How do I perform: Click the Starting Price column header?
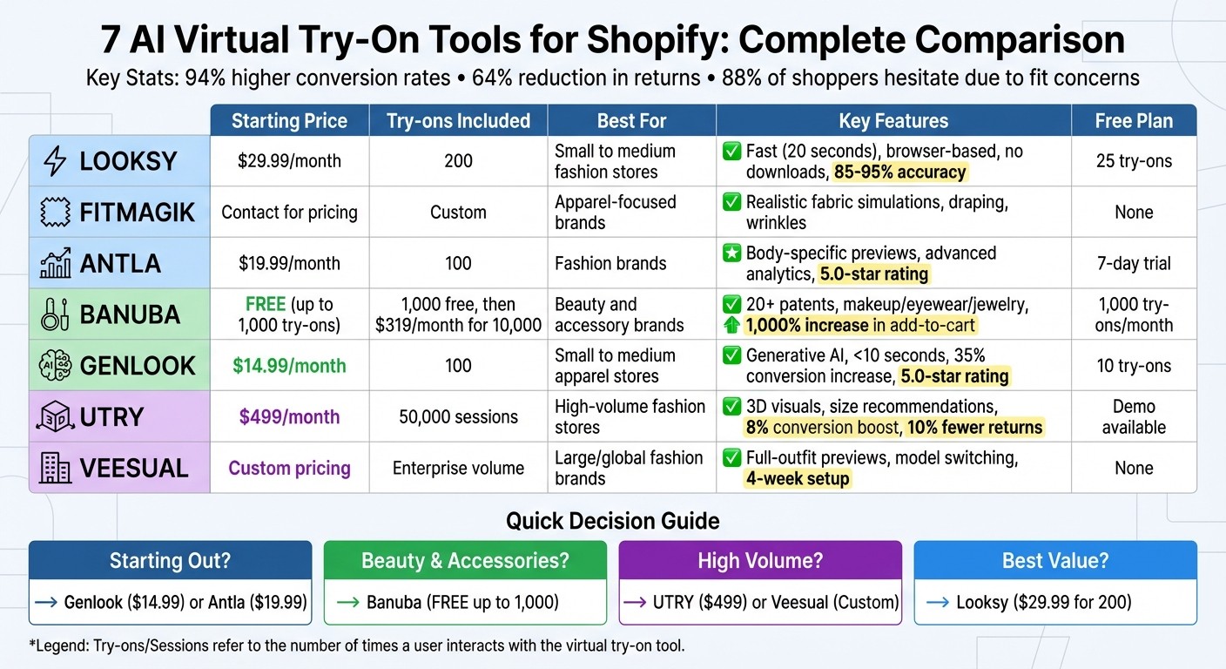[289, 121]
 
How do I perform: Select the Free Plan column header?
[1134, 121]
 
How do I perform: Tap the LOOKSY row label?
[128, 161]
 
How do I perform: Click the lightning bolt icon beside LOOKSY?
[55, 161]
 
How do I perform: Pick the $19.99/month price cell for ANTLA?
[289, 263]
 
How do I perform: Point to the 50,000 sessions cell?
[458, 417]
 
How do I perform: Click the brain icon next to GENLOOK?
[55, 366]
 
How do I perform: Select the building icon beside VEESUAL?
[55, 469]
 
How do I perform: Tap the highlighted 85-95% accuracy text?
[899, 172]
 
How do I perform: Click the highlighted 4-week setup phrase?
[798, 479]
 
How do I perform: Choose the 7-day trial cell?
[1134, 263]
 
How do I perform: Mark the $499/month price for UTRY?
[289, 417]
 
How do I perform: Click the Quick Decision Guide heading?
[612, 522]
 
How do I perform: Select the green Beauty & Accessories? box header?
[465, 561]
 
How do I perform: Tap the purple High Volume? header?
[759, 561]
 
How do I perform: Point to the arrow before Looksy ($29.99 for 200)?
[938, 602]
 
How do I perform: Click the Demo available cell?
[1134, 417]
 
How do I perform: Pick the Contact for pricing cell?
[289, 212]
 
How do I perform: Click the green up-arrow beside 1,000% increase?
[731, 326]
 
